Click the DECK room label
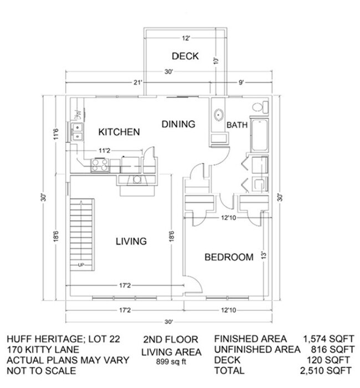[186, 56]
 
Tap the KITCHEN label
[119, 132]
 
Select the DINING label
[178, 124]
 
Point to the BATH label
[236, 126]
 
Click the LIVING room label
[131, 241]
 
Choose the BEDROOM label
[229, 257]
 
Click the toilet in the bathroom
[258, 107]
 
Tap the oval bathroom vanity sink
[217, 115]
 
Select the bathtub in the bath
[258, 134]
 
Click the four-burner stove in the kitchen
[100, 164]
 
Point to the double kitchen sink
[77, 132]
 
